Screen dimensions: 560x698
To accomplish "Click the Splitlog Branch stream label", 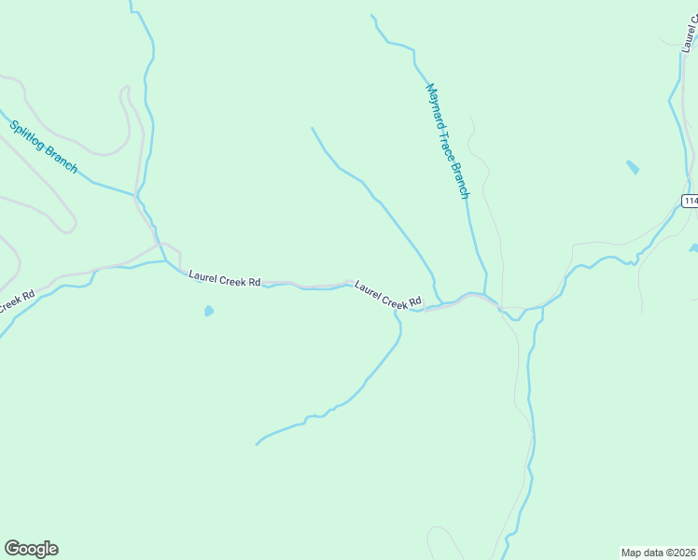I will pos(43,147).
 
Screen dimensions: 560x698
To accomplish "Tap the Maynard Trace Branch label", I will pos(448,141).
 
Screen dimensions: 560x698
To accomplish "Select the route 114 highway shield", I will pos(690,201).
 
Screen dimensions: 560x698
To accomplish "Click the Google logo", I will pos(31,549).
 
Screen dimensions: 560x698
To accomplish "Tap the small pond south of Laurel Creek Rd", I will pos(208,311).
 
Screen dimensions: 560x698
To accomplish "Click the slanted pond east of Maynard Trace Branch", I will pos(633,168).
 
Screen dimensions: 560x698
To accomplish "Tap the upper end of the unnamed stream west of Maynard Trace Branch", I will pos(312,129).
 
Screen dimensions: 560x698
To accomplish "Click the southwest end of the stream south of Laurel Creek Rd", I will pos(257,443).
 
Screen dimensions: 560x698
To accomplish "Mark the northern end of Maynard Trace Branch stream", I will pos(371,15).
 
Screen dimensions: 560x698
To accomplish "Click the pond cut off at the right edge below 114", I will pos(693,248).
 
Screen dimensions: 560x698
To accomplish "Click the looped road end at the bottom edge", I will pos(432,537).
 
